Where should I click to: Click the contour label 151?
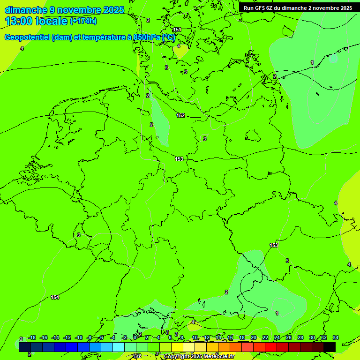pyautogui.click(x=177, y=30)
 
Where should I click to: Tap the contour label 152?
pyautogui.click(x=180, y=115)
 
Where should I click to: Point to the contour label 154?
pyautogui.click(x=55, y=297)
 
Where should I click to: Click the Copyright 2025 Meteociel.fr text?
pyautogui.click(x=199, y=357)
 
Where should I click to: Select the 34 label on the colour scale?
pyautogui.click(x=336, y=337)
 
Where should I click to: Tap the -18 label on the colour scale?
pyautogui.click(x=32, y=337)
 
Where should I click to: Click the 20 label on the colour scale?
pyautogui.click(x=254, y=337)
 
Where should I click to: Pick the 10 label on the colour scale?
pyautogui.click(x=195, y=337)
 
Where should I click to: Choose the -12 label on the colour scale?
pyautogui.click(x=67, y=337)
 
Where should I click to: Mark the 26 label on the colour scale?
pyautogui.click(x=289, y=337)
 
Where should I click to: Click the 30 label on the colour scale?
pyautogui.click(x=312, y=337)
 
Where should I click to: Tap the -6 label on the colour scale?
pyautogui.click(x=101, y=337)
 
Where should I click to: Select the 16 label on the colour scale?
pyautogui.click(x=230, y=337)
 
